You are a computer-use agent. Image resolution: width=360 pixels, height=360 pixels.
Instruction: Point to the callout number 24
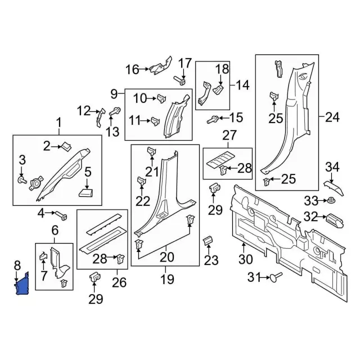point(332,118)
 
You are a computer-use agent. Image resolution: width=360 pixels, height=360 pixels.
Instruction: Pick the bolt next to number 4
point(61,215)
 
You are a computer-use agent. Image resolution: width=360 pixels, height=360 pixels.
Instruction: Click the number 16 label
point(132,70)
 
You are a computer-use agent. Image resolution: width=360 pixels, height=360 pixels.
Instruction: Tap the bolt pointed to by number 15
point(214,119)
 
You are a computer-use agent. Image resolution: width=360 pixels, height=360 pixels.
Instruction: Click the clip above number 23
point(207,241)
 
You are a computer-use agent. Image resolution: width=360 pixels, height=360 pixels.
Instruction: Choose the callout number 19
point(166,279)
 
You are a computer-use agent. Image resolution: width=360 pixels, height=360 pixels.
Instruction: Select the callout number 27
point(228,135)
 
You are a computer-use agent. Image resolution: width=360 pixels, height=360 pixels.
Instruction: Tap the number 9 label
point(114,93)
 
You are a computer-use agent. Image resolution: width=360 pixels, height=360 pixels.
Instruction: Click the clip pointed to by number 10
point(160,98)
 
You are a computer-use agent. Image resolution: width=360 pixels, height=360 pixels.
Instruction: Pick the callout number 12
point(83,110)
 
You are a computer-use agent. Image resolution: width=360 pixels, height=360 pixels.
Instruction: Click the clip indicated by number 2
point(65,147)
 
